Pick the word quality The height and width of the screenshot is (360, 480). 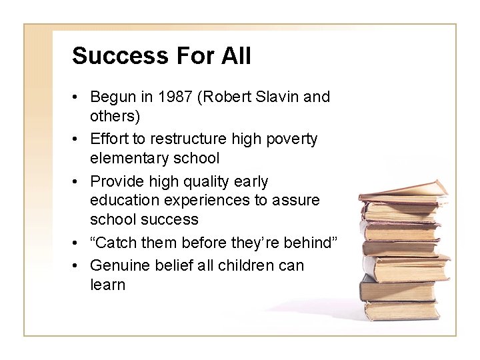tap(213, 181)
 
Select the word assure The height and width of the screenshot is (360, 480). tap(297, 201)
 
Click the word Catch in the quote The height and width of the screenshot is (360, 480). tap(115, 243)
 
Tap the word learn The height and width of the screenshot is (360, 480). tap(107, 285)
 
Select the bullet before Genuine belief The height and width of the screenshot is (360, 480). tap(77, 266)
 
